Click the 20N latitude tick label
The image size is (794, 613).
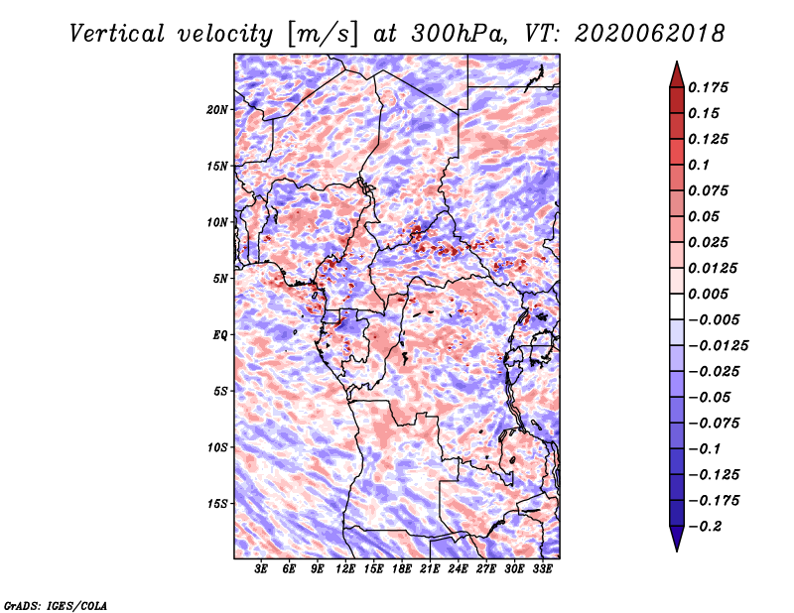pos(217,110)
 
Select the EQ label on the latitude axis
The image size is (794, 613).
pos(219,335)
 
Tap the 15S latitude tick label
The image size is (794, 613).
pos(217,504)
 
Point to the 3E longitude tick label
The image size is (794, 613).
pos(261,569)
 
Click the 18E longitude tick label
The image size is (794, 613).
pos(402,569)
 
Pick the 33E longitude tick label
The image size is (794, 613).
pos(542,569)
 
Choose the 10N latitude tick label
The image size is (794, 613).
pos(217,222)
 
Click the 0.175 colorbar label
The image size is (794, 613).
pos(708,87)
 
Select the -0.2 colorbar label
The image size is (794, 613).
pos(705,527)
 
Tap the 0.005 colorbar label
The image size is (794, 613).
pos(708,294)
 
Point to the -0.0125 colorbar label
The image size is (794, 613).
pos(718,346)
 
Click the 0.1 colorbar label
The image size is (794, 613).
pos(699,165)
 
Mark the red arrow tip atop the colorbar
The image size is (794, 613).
pos(677,61)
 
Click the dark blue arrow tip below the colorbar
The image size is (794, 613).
pos(677,551)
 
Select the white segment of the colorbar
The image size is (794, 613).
pos(677,306)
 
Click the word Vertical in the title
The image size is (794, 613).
pos(117,34)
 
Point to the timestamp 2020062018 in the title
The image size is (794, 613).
pos(650,34)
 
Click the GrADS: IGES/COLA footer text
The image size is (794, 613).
pos(56,605)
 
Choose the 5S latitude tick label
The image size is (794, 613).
pos(219,391)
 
